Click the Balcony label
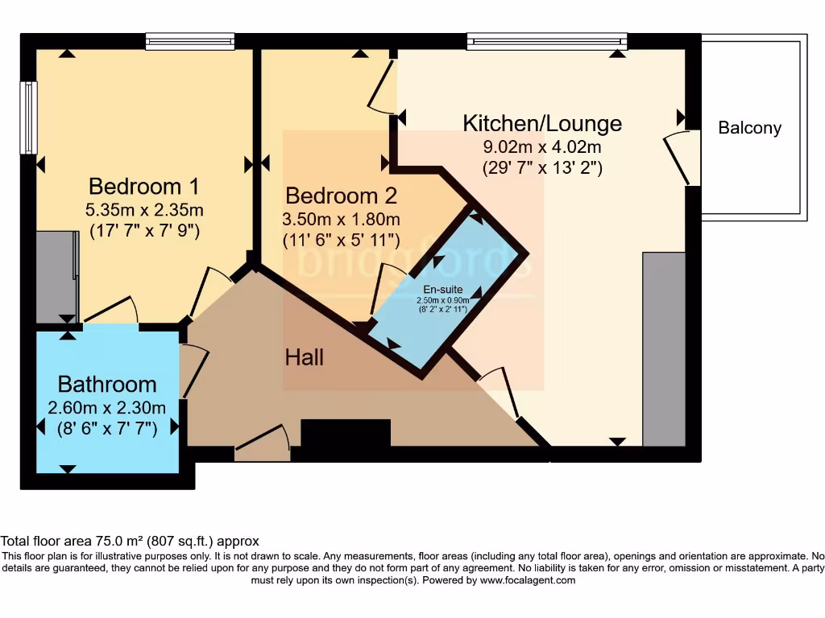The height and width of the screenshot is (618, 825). tap(749, 128)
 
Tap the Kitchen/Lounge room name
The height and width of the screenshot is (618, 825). tap(542, 123)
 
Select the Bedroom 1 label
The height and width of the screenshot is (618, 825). tap(143, 187)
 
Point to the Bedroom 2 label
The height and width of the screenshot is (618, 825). tap(341, 196)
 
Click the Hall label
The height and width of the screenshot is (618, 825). tap(305, 357)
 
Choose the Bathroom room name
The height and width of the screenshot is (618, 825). tap(106, 384)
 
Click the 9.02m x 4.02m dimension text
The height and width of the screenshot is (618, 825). tap(542, 147)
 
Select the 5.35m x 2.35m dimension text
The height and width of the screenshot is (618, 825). tap(144, 211)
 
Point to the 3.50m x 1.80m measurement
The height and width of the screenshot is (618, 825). tap(341, 219)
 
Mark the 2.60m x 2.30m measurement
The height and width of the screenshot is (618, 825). tap(106, 407)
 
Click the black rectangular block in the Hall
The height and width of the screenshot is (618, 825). tap(346, 433)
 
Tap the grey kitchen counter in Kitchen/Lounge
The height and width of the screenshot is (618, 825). tap(664, 348)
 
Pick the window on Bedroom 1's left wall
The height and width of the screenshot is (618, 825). tap(29, 117)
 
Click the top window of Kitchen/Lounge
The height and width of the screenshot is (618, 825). tap(546, 41)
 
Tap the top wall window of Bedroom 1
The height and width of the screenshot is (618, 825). tap(190, 41)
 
